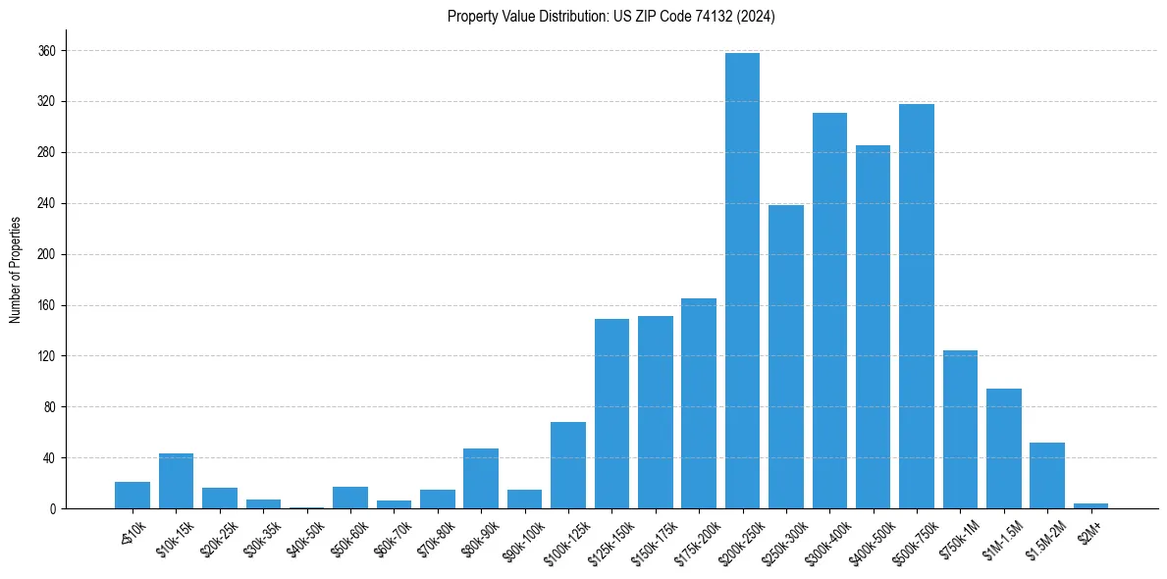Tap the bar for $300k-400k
coord(829,310)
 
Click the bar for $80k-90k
coord(481,479)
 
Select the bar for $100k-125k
coord(568,465)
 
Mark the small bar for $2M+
coord(1090,505)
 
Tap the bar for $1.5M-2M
coord(1046,476)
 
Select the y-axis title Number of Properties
coord(16,270)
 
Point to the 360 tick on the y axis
coord(47,51)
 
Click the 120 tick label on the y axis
coord(47,356)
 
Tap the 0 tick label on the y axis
coord(53,508)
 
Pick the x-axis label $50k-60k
coord(345,534)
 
